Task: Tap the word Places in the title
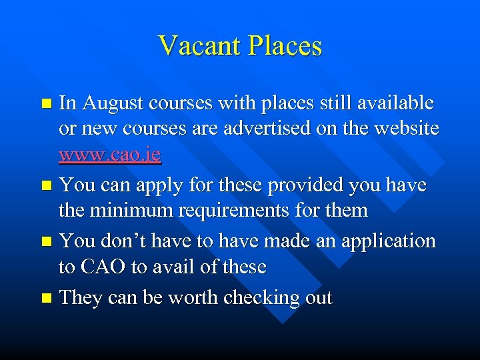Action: click(285, 46)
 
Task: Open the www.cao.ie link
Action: click(110, 155)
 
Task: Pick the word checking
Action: click(265, 298)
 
